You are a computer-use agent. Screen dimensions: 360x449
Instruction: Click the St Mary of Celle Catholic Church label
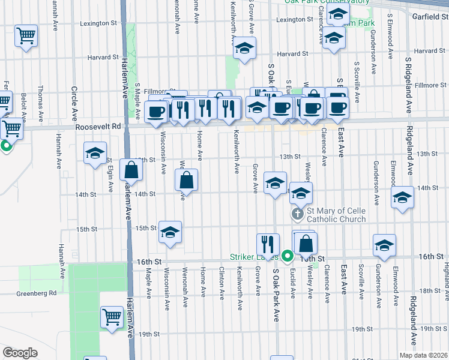(336, 215)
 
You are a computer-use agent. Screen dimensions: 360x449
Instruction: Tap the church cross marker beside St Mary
(297, 214)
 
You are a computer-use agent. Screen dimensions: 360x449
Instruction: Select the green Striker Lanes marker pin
(288, 256)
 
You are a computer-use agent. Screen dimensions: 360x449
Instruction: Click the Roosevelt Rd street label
(98, 127)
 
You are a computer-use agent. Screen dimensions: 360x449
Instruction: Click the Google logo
(20, 353)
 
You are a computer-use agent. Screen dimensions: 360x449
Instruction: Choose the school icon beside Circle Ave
(95, 154)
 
